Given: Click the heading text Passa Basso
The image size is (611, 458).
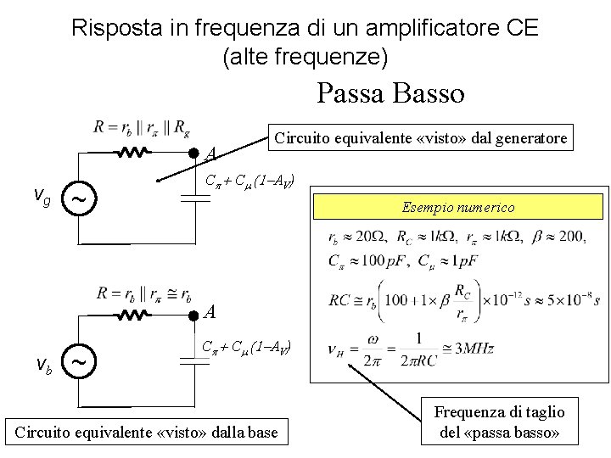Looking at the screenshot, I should click(x=390, y=92).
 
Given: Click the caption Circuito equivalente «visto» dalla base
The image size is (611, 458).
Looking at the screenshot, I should click(x=147, y=433).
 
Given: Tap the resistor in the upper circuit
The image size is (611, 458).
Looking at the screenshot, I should click(x=134, y=153).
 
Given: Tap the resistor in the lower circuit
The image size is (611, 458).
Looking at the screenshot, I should click(x=134, y=316).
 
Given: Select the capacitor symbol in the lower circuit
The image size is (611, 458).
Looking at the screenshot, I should click(x=195, y=361).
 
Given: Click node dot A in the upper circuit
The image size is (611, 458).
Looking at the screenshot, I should click(x=193, y=154).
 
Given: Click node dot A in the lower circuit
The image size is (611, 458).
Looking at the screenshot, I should click(x=193, y=316).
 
